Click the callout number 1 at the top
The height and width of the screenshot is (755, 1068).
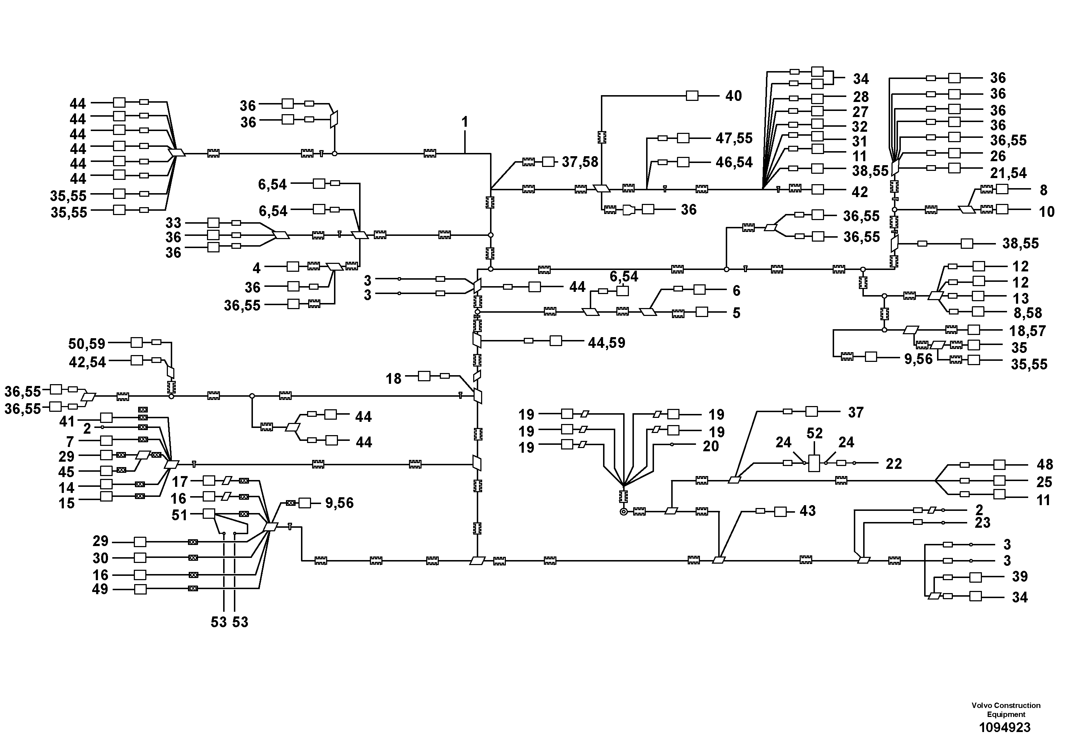point(465,122)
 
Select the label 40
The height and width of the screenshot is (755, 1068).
point(734,96)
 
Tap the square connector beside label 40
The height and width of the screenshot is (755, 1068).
point(692,96)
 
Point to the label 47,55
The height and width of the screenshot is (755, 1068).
point(734,138)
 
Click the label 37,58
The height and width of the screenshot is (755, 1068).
point(580,162)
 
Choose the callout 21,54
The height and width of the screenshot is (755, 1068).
point(1008,173)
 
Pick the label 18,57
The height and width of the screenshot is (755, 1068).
point(1027,331)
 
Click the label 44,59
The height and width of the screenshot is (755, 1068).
point(607,343)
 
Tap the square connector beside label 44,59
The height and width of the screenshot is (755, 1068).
point(556,341)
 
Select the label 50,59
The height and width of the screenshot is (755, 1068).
point(87,344)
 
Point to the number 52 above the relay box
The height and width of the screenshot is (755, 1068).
point(814,433)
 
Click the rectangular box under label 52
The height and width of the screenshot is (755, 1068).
point(814,463)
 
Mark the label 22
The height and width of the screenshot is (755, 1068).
point(894,463)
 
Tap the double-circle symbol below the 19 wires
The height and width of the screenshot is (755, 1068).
point(624,512)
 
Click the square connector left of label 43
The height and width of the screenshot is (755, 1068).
point(781,512)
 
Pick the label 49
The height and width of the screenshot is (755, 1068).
point(100,589)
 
